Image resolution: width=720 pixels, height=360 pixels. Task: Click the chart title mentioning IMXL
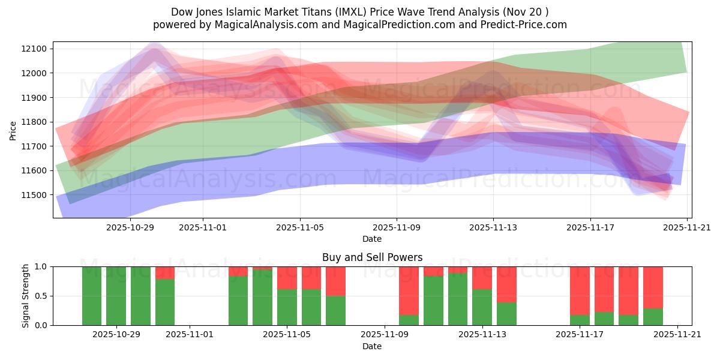click(x=359, y=11)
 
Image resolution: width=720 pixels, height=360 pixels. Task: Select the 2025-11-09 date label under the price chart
click(x=396, y=227)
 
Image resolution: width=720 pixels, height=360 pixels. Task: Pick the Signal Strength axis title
click(x=25, y=296)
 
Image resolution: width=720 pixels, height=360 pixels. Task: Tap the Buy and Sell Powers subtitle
click(x=372, y=257)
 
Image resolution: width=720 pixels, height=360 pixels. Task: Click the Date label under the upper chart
click(x=372, y=239)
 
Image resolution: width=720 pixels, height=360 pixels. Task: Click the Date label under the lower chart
click(x=372, y=346)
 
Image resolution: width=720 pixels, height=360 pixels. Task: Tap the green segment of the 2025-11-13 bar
click(x=482, y=307)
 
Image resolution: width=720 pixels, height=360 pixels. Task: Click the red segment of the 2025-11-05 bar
click(x=287, y=278)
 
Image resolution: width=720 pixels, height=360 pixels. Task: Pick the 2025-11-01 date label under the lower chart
click(x=190, y=335)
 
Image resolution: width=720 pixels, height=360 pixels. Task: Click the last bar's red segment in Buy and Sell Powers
click(x=653, y=287)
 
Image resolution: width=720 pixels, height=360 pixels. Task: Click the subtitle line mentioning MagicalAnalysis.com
click(x=359, y=25)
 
